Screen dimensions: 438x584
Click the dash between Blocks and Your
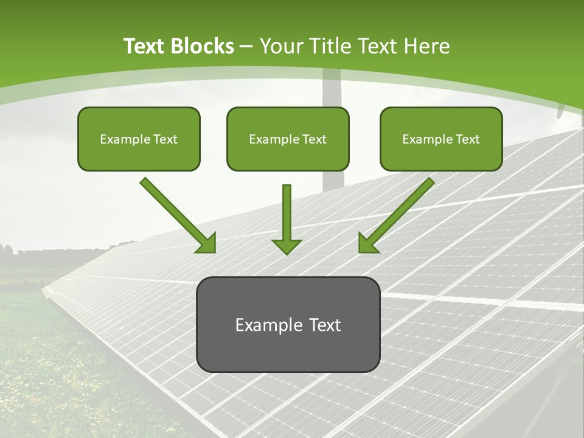point(246,47)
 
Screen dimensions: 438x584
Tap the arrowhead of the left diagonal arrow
point(207,243)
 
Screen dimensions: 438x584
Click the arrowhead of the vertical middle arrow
point(287,246)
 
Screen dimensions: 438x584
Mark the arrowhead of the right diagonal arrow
point(367,243)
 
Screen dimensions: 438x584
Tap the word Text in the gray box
point(324,325)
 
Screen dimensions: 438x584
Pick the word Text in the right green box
point(467,139)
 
